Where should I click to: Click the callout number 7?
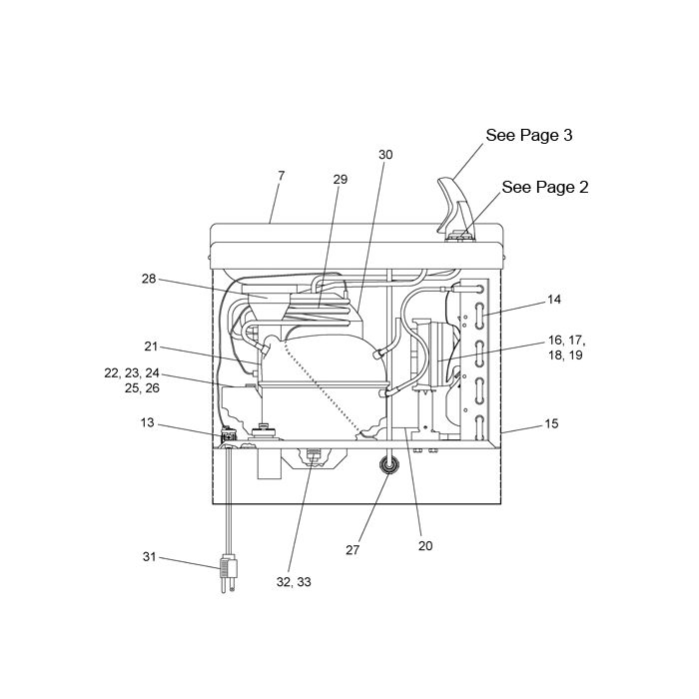[281, 176]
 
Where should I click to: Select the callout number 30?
[385, 155]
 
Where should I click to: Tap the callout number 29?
[341, 179]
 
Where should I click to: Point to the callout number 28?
[149, 279]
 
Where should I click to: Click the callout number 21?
[151, 347]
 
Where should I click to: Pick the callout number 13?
[147, 422]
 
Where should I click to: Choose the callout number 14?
[553, 300]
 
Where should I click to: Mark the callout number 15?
[551, 423]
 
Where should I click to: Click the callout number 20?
[425, 545]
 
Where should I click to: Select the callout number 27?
[352, 550]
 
